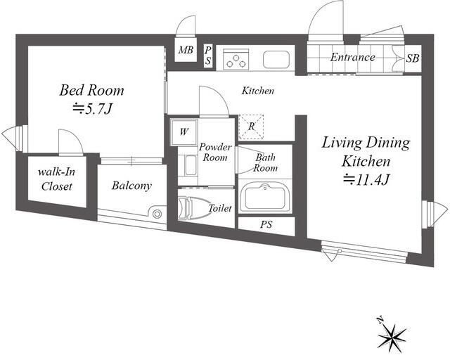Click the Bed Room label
pos(92,90)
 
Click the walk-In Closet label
pos(57,179)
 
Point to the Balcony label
pos(131,186)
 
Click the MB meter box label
pos(186,50)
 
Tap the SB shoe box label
pos(413,58)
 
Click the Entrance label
pos(353,57)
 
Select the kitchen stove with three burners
pos(236,59)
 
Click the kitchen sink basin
pos(276,60)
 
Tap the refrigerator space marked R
pos(251,127)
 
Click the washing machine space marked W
pos(184,132)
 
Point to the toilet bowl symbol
pos(193,208)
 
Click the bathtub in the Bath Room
pos(265,196)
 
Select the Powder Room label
pos(215,152)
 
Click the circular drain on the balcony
pos(157,214)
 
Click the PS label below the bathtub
pos(266,224)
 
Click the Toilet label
pos(220,208)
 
